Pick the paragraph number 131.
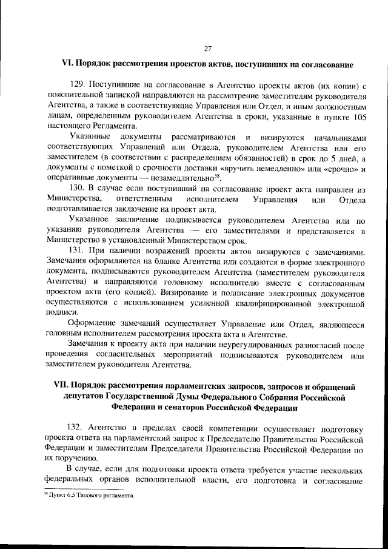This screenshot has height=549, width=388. pos(78,251)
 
